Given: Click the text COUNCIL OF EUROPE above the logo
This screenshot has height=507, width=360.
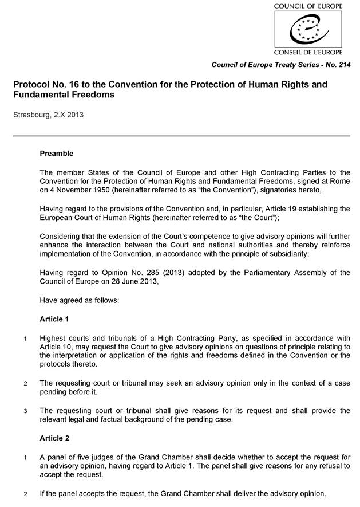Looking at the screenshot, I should coord(308,6).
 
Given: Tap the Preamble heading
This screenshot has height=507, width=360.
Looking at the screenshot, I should coord(56,154).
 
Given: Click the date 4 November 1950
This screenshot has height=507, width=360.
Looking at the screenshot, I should coord(79,190).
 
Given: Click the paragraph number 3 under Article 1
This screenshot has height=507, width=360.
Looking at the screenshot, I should coord(25,411).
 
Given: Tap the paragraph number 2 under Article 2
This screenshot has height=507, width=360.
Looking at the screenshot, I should coord(25,494).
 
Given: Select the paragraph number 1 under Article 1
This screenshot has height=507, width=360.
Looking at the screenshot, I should coord(25,338).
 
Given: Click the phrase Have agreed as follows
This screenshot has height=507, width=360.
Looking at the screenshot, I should coord(79,300).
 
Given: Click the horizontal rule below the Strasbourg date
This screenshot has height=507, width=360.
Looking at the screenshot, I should coord(181,136).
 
